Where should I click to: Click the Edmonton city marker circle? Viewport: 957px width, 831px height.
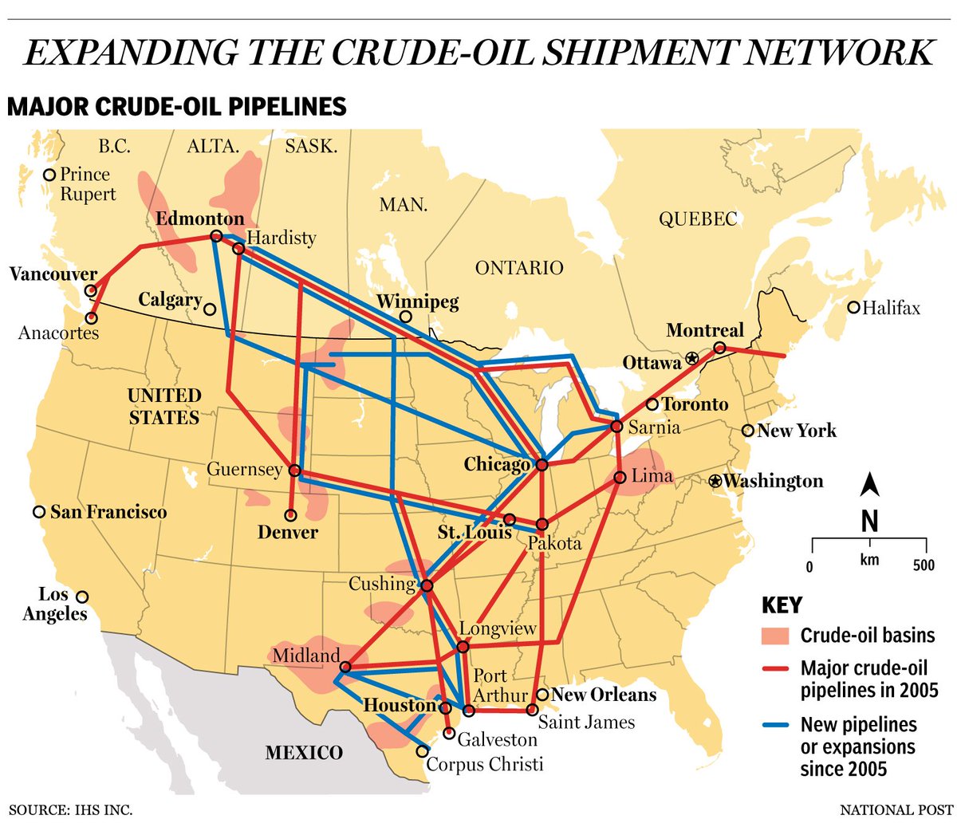216,236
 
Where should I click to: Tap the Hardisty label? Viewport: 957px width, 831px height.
281,238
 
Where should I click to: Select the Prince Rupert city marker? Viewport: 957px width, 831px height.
49,175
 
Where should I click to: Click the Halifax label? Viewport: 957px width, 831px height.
891,308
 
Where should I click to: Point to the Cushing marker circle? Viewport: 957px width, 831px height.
426,585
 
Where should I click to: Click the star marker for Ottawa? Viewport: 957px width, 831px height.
691,359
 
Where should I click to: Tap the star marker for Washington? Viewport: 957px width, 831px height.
715,481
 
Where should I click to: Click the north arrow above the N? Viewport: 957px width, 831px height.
871,483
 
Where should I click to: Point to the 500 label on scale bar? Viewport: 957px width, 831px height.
924,565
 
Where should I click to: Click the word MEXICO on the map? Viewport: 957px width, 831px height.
304,753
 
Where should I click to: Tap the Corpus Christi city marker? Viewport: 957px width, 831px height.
422,750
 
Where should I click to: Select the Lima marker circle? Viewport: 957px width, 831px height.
620,478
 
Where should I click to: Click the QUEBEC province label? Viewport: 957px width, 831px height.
698,219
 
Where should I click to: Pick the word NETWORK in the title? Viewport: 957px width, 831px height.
834,52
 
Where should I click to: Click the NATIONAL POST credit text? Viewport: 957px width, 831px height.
896,810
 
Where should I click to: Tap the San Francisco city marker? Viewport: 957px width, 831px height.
38,512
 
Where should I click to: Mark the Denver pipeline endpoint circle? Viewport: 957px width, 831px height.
290,515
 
